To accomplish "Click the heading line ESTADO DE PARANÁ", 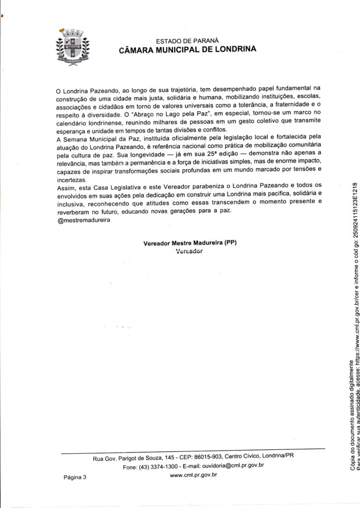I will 187,41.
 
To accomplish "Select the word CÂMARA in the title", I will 137,50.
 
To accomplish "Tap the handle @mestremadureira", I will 83,221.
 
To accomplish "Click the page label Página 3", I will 74,477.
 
